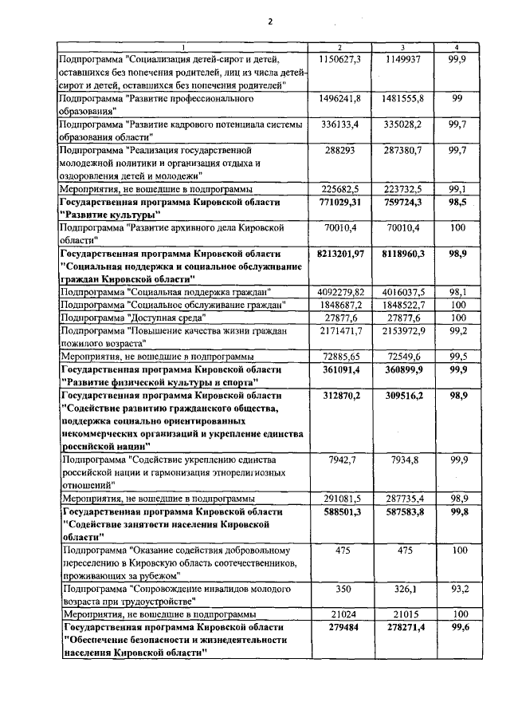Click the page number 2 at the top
[270, 22]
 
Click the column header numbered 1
[182, 48]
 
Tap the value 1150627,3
[339, 59]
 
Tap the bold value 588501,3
[339, 511]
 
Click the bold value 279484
[339, 628]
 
